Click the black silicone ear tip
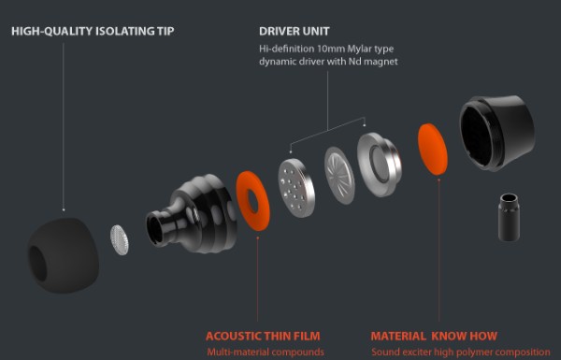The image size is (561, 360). [x=63, y=256]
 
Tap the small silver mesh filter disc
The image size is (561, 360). [x=119, y=239]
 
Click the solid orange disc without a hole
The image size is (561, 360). [x=433, y=150]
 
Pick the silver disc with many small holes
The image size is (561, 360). [x=296, y=188]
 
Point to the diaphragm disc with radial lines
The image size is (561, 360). [x=339, y=176]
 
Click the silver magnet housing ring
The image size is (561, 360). [x=380, y=165]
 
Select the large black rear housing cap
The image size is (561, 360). [x=497, y=133]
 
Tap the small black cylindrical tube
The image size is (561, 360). [x=509, y=217]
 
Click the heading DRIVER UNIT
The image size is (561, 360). [x=295, y=32]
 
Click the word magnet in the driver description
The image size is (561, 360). [x=380, y=62]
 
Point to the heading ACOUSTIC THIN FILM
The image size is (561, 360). [x=263, y=337]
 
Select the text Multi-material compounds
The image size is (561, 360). [x=266, y=353]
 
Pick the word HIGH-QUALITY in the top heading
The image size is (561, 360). [x=51, y=32]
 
